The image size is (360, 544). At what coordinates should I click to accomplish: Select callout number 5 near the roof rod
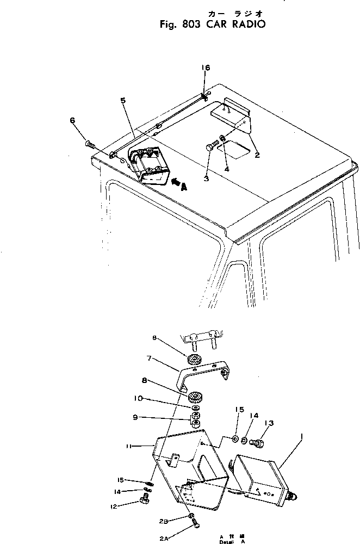coord(123,101)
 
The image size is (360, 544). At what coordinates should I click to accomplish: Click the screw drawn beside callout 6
coord(90,144)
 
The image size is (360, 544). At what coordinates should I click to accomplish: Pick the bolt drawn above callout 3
coord(213,145)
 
